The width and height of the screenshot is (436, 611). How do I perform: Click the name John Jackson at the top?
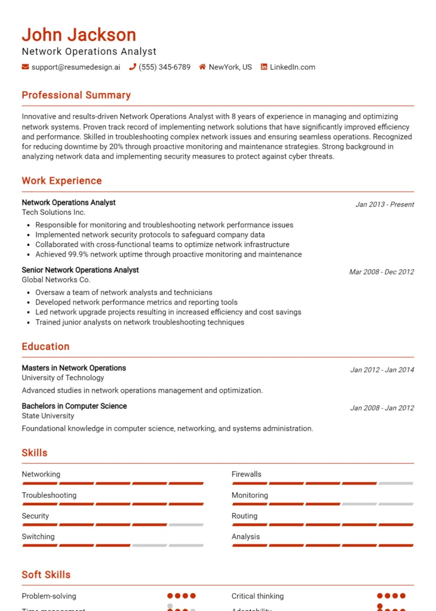point(79,35)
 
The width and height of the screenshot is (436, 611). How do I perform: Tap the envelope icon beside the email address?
point(25,67)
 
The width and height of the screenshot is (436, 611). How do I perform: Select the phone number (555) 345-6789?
point(164,67)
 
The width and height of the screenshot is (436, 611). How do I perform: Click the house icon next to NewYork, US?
point(202,67)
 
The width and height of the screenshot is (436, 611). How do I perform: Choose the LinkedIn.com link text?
point(292,67)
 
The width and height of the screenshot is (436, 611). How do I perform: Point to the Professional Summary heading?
point(76,95)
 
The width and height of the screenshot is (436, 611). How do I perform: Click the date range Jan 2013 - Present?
point(384,204)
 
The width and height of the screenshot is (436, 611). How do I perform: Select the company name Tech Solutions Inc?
point(54,212)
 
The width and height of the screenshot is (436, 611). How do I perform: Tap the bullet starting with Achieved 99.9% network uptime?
point(168,254)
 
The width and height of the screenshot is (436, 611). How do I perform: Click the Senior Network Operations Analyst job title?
point(80,270)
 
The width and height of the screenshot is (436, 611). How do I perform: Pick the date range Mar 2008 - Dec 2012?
point(381,271)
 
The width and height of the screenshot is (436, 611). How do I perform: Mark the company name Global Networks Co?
point(56,279)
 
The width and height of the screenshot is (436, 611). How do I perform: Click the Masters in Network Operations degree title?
point(74,368)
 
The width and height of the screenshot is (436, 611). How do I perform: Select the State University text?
point(48,415)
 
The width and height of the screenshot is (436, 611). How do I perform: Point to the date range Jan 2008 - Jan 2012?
point(382,408)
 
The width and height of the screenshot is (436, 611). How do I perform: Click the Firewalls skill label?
point(247,474)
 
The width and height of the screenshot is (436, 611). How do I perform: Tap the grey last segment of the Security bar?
point(186,524)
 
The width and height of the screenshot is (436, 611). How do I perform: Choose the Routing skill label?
point(244,516)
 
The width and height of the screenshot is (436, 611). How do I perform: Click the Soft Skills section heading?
point(46,575)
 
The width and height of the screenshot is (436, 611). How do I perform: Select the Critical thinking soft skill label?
point(257,595)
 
